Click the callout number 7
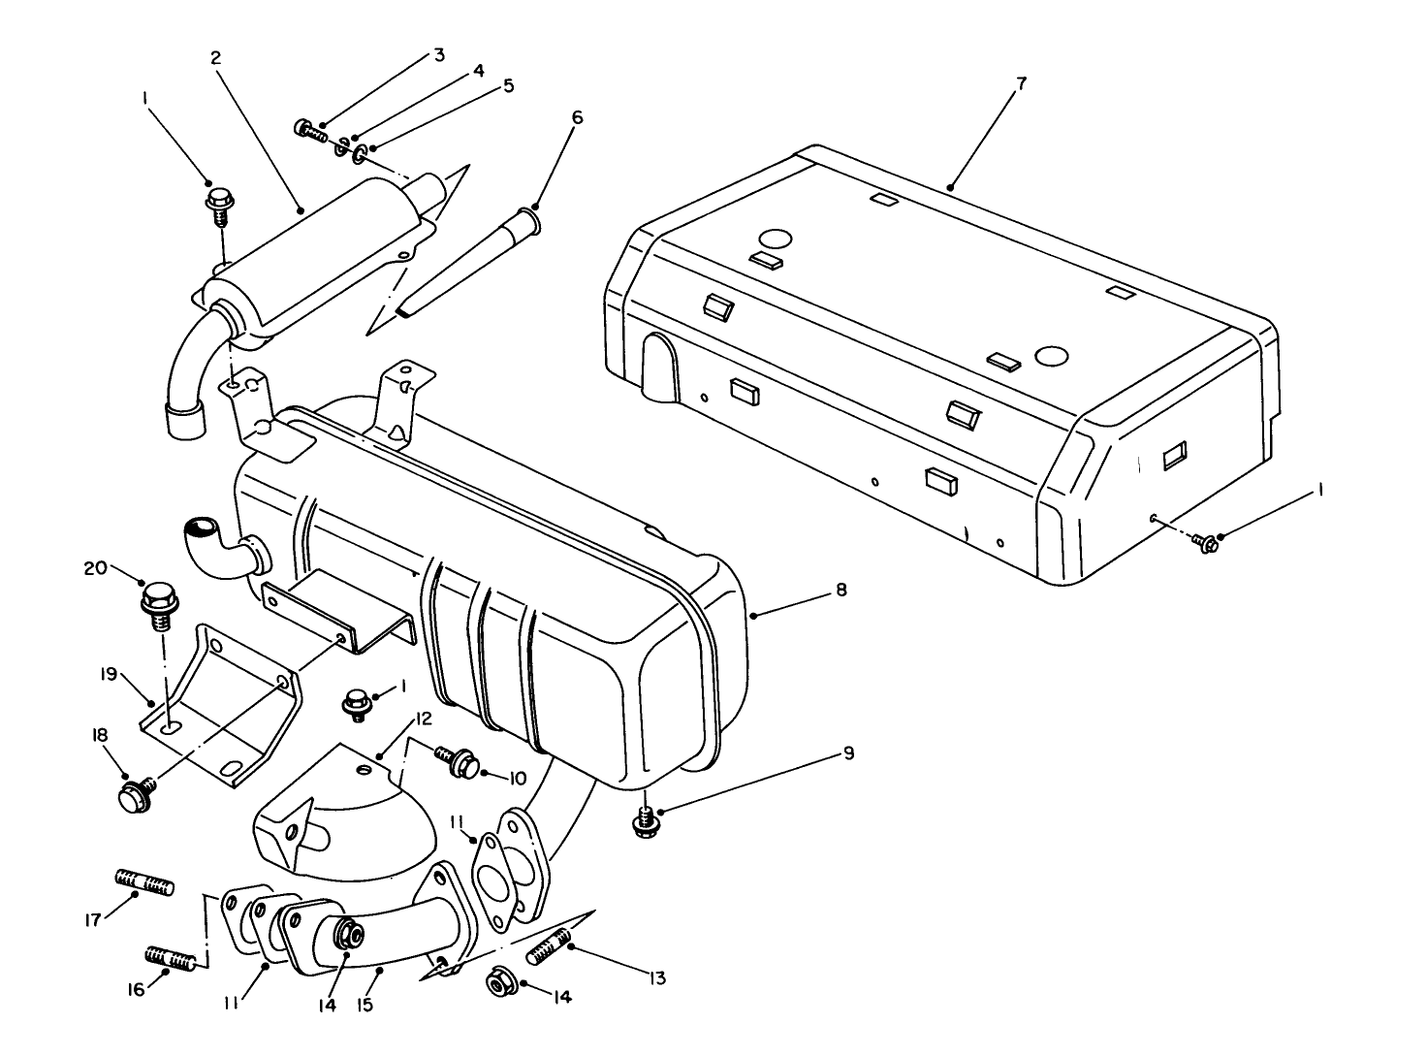(1022, 83)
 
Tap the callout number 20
(95, 569)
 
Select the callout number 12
(424, 720)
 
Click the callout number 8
(840, 590)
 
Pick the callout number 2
(215, 57)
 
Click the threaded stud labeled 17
(144, 882)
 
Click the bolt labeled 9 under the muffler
(645, 821)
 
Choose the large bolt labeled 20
(158, 600)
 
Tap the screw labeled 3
(310, 129)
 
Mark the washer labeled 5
(360, 153)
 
